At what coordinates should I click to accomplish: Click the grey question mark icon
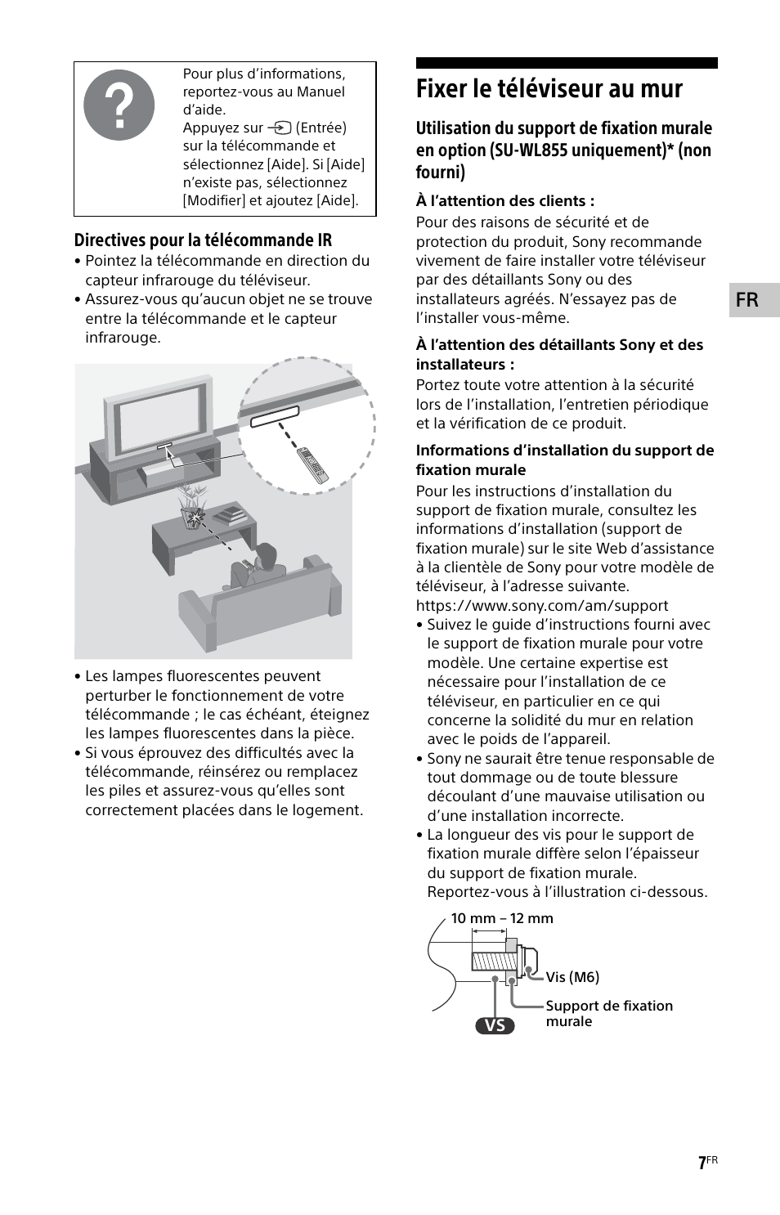tap(119, 105)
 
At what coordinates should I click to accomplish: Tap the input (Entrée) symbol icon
tap(280, 128)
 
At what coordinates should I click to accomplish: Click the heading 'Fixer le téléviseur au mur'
tap(549, 89)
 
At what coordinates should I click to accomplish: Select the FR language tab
tap(747, 300)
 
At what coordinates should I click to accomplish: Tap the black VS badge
tap(495, 1025)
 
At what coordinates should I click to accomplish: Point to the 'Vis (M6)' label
tap(572, 977)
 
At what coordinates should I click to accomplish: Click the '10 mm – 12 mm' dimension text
tap(502, 918)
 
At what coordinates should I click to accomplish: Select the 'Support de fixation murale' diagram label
tap(608, 1013)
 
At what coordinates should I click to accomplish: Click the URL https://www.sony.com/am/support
tap(542, 606)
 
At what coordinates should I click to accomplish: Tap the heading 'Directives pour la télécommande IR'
tap(203, 240)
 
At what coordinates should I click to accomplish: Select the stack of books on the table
tap(230, 516)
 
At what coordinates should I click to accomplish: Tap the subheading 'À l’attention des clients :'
tap(504, 201)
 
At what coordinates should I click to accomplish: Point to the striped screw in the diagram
tap(489, 960)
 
